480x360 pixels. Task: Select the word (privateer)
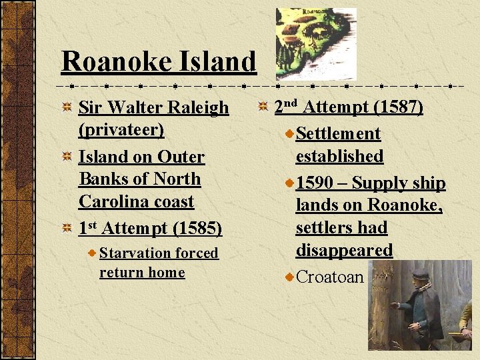point(121,129)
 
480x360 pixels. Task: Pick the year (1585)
point(197,229)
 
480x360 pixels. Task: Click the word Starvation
point(135,253)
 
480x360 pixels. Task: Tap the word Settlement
point(338,133)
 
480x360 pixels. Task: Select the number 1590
point(317,183)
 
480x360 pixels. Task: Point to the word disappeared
point(344,250)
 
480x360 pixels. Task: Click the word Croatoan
point(330,277)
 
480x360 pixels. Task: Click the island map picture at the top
point(316,44)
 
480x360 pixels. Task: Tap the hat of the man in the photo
point(421,274)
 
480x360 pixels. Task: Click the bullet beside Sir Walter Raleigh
point(67,107)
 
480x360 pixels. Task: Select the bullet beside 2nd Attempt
point(263,107)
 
